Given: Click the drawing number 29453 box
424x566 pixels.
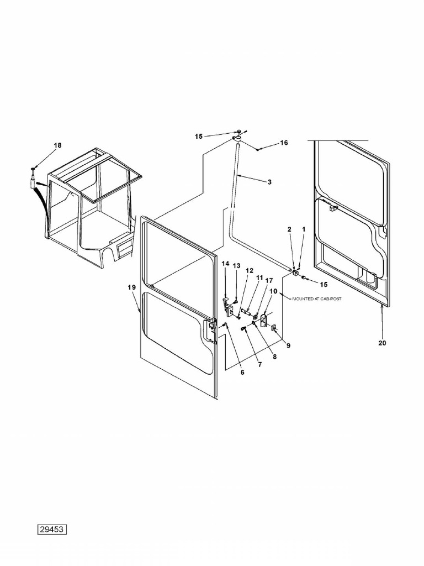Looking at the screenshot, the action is (x=52, y=530).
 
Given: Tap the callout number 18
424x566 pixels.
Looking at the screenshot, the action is (x=57, y=145).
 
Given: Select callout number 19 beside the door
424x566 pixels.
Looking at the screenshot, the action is (x=131, y=287).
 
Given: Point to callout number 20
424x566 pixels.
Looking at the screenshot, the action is (x=382, y=343).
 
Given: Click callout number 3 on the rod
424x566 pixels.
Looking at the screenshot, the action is (x=269, y=182).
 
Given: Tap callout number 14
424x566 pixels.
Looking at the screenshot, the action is (x=225, y=264).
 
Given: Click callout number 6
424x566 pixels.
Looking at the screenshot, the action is (x=242, y=372).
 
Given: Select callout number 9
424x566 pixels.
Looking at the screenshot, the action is (x=288, y=345).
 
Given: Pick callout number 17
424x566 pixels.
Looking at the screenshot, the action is (x=269, y=280).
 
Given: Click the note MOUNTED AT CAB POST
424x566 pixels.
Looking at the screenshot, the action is (x=316, y=299).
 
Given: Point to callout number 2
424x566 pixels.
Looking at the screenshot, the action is (x=289, y=229).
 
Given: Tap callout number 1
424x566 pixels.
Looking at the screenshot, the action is (x=304, y=229).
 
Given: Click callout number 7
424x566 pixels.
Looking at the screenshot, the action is (x=259, y=365).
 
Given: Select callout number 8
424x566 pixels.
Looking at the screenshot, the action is (x=274, y=357).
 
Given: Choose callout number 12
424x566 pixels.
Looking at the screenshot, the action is (x=250, y=271).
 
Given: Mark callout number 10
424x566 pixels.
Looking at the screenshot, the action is (x=273, y=291).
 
